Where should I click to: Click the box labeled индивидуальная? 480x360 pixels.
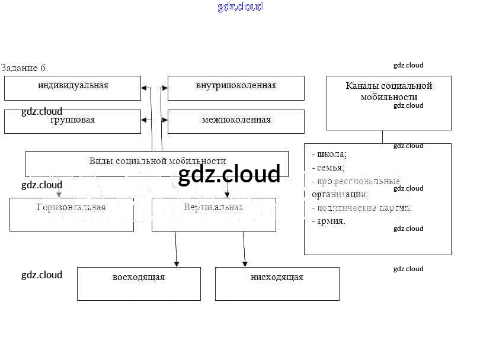pyautogui.click(x=73, y=88)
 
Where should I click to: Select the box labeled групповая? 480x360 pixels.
pyautogui.click(x=73, y=121)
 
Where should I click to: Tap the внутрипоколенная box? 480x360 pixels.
pyautogui.click(x=236, y=88)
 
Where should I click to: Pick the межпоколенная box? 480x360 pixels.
pyautogui.click(x=236, y=121)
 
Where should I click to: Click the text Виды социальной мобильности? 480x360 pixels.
pyautogui.click(x=157, y=161)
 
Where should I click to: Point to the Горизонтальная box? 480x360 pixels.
pyautogui.click(x=72, y=214)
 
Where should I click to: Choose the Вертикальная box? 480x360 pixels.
pyautogui.click(x=213, y=214)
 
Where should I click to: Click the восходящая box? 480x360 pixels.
pyautogui.click(x=139, y=283)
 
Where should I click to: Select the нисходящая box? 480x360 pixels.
pyautogui.click(x=277, y=283)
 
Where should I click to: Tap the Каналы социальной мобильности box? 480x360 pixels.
pyautogui.click(x=389, y=102)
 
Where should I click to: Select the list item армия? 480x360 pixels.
pyautogui.click(x=332, y=221)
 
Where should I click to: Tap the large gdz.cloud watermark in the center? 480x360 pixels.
pyautogui.click(x=229, y=175)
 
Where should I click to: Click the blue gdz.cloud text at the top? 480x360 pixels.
pyautogui.click(x=240, y=7)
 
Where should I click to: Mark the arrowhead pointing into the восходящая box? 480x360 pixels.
pyautogui.click(x=176, y=263)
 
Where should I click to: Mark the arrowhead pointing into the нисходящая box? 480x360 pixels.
pyautogui.click(x=244, y=263)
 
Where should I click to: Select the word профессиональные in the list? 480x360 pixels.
pyautogui.click(x=358, y=181)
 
